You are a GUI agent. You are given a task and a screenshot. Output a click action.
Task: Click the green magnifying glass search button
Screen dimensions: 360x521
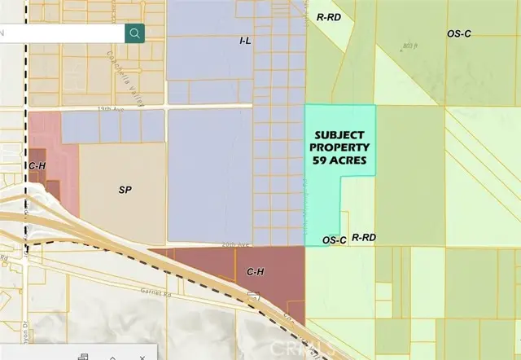[x=134, y=33]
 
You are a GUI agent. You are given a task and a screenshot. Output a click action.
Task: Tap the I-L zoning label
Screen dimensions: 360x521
[x=243, y=40]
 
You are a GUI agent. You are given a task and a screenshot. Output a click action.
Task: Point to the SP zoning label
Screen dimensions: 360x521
[x=125, y=189]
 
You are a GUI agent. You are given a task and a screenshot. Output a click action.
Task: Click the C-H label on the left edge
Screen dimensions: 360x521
[x=35, y=167]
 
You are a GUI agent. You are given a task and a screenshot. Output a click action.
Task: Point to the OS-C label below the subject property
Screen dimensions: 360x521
[x=334, y=240]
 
